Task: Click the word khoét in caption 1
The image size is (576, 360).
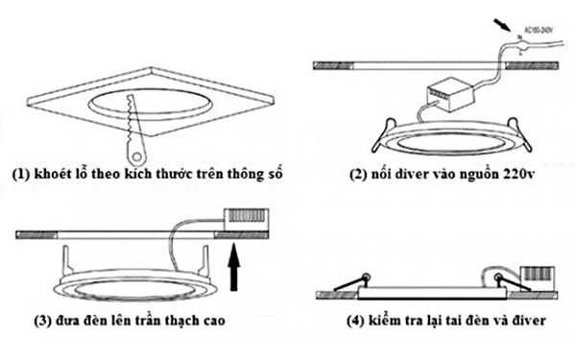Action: click(57, 175)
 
